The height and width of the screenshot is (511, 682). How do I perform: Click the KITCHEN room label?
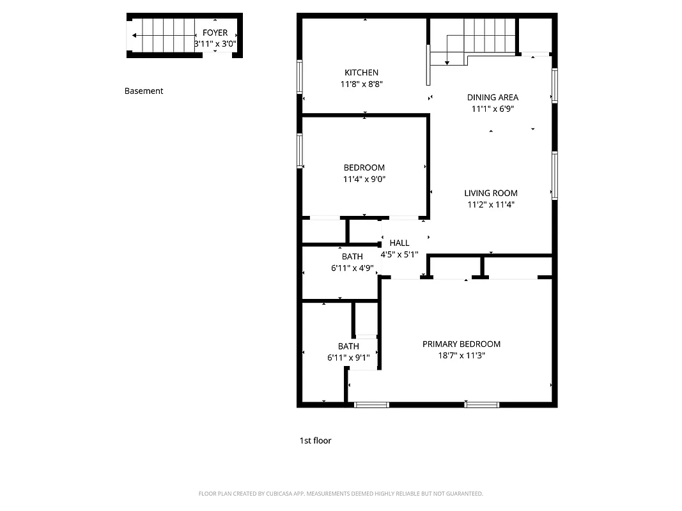(361, 73)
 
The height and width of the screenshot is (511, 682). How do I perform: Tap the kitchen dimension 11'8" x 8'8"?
(361, 84)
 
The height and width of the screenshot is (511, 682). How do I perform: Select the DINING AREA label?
(492, 98)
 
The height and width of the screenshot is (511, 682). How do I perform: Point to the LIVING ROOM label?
(491, 193)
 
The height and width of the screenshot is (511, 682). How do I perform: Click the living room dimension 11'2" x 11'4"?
(491, 204)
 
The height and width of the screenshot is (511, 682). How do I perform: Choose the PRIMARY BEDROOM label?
(461, 344)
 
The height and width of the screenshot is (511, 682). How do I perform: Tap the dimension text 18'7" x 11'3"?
(461, 355)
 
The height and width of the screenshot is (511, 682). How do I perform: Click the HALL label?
(399, 243)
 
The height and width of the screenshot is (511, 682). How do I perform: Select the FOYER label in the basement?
(215, 33)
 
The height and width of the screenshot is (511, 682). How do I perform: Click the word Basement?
(144, 91)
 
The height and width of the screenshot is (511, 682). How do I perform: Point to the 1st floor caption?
(316, 440)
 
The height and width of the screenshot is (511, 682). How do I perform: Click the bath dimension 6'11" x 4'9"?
(352, 268)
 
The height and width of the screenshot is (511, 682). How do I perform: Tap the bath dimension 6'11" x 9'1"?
(348, 358)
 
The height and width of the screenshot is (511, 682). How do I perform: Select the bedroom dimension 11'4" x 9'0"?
(364, 179)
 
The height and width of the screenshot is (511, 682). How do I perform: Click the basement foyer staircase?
(164, 35)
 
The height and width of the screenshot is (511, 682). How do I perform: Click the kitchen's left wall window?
(300, 77)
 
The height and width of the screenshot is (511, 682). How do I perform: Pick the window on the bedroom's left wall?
(300, 151)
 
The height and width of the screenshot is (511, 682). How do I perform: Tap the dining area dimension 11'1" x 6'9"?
(492, 109)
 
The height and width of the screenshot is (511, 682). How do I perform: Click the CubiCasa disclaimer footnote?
(341, 494)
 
